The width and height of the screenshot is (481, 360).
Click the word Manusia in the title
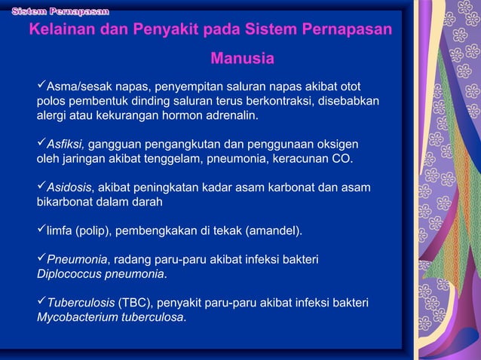pyautogui.click(x=242, y=58)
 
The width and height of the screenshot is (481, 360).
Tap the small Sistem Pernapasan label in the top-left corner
pyautogui.click(x=60, y=11)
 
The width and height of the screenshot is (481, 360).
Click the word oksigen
pyautogui.click(x=337, y=144)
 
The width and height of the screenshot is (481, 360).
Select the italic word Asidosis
pyautogui.click(x=70, y=187)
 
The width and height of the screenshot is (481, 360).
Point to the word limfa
pyautogui.click(x=59, y=230)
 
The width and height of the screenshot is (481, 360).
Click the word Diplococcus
pyautogui.click(x=68, y=273)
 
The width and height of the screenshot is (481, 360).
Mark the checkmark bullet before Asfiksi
pyautogui.click(x=41, y=143)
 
